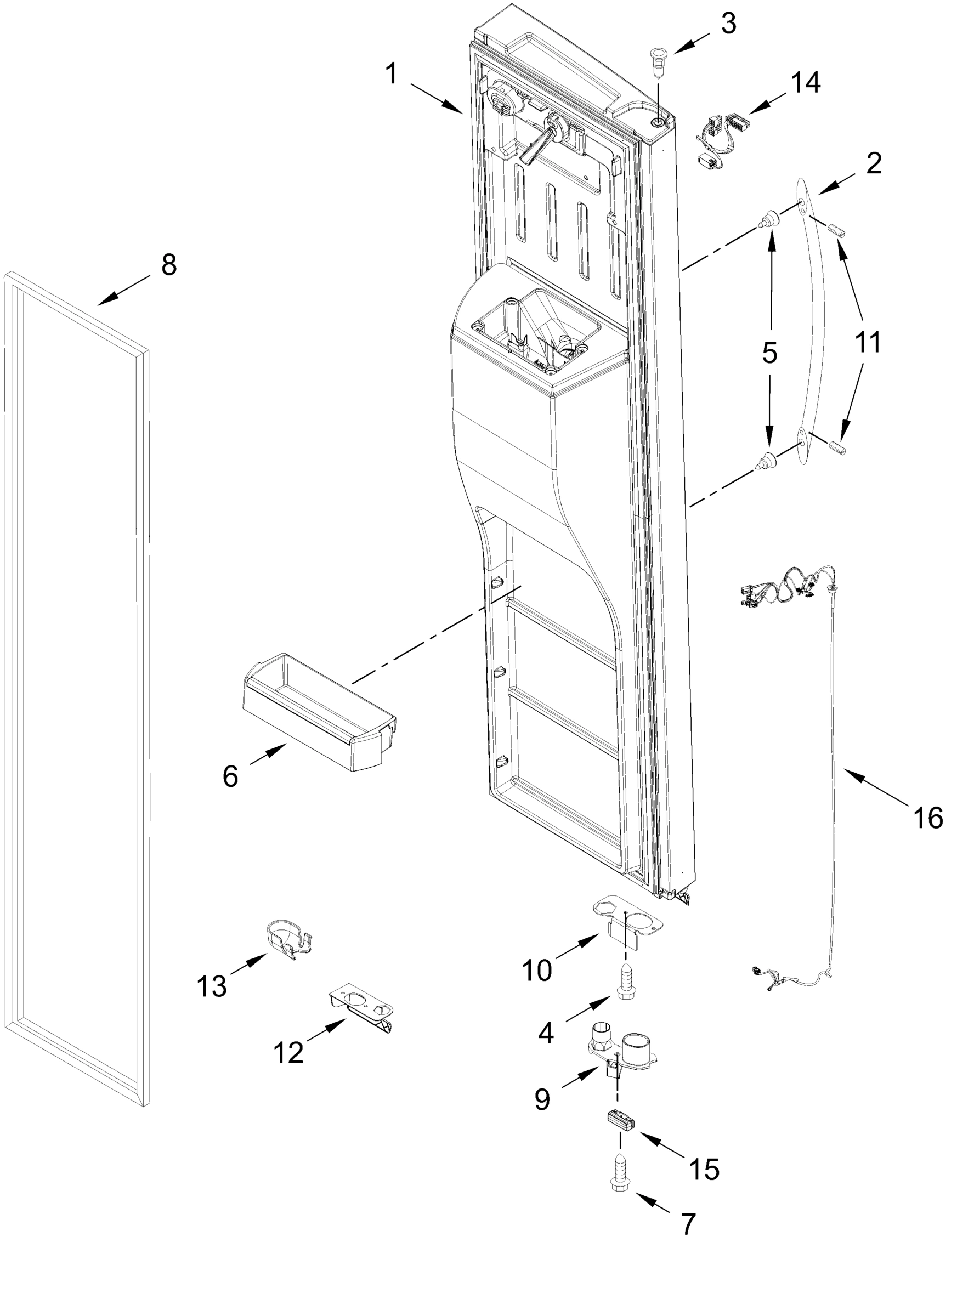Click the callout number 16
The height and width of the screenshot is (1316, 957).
click(927, 818)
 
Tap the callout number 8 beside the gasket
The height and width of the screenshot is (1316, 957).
click(168, 265)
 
